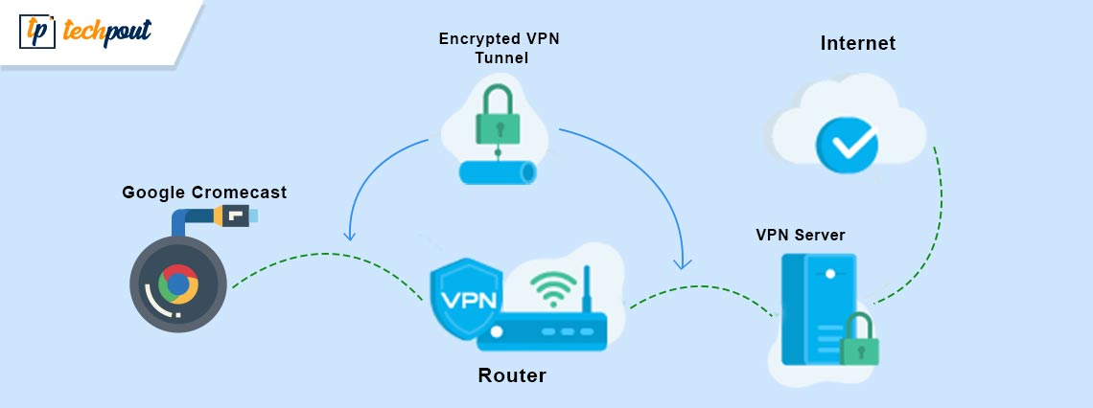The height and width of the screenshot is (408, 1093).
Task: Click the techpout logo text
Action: click(x=106, y=32)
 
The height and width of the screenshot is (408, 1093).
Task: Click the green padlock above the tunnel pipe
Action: click(x=498, y=116)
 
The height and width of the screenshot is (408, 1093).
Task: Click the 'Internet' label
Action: click(x=857, y=43)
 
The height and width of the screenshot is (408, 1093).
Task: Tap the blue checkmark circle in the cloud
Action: click(x=846, y=145)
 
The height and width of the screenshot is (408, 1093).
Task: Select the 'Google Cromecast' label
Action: click(x=204, y=193)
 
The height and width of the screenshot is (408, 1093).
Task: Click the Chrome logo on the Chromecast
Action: click(x=177, y=284)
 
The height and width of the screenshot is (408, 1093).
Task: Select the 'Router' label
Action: click(x=512, y=375)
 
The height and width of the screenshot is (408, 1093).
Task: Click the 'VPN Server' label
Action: click(x=801, y=235)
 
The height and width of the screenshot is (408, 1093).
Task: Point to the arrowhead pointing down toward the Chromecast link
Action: click(x=351, y=236)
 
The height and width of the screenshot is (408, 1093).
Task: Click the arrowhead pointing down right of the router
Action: click(x=682, y=261)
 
